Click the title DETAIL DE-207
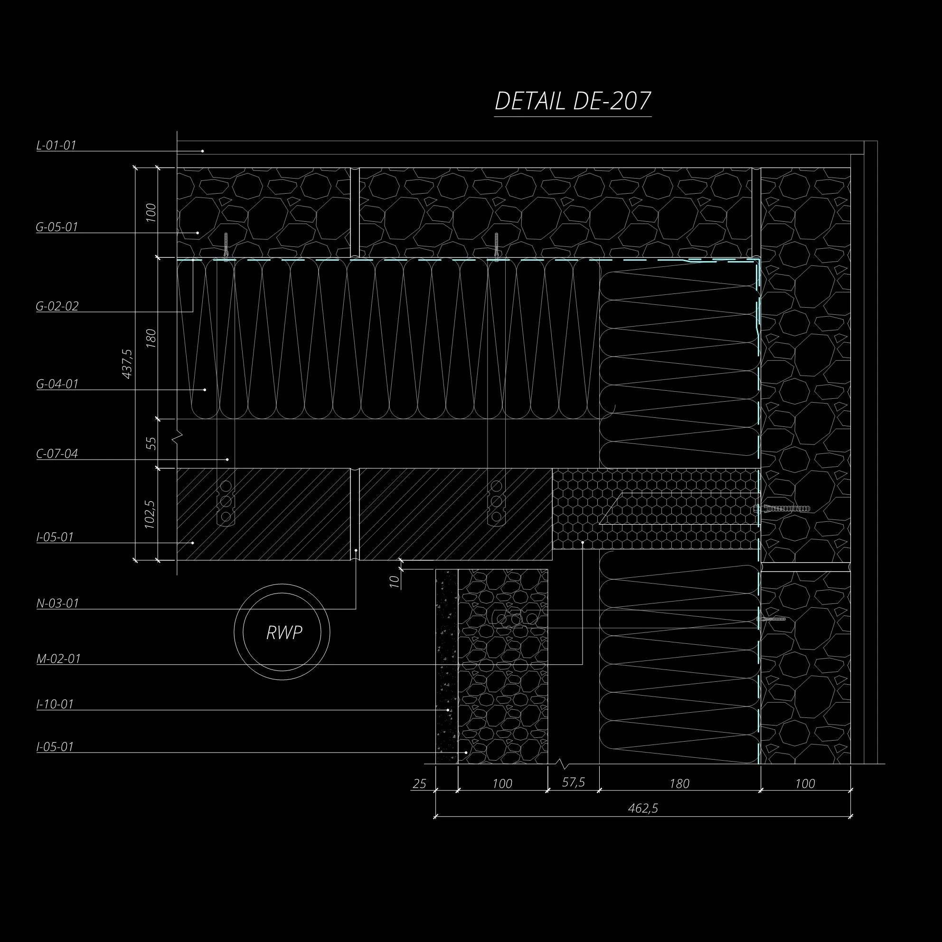[x=573, y=102]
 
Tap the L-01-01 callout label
[x=57, y=145]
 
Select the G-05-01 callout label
[x=57, y=227]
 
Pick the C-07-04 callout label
[x=57, y=454]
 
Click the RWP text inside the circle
[x=284, y=633]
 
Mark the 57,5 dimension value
[x=574, y=782]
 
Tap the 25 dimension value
[x=419, y=784]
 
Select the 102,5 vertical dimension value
[x=150, y=514]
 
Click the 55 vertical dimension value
[x=151, y=443]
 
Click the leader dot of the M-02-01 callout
[x=583, y=542]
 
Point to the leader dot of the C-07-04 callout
[x=228, y=459]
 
